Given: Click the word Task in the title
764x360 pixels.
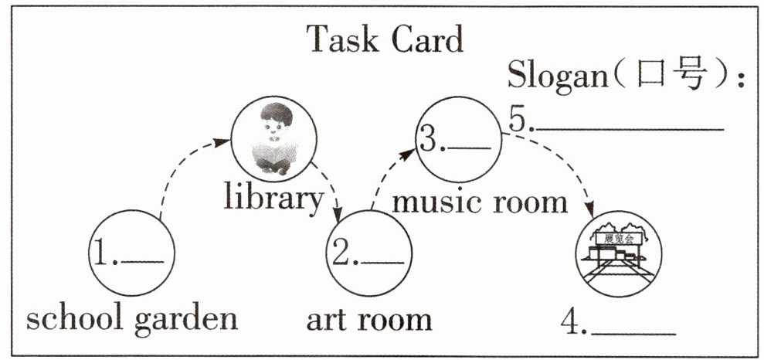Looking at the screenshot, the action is [x=342, y=39].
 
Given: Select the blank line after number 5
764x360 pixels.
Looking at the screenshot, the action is [x=629, y=130].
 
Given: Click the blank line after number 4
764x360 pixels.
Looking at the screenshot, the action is [x=633, y=334].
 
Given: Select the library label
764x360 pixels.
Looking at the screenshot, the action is [x=273, y=199].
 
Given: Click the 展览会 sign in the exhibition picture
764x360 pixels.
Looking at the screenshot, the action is [x=618, y=238].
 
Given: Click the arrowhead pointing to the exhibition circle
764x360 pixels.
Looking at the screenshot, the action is [x=590, y=210].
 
